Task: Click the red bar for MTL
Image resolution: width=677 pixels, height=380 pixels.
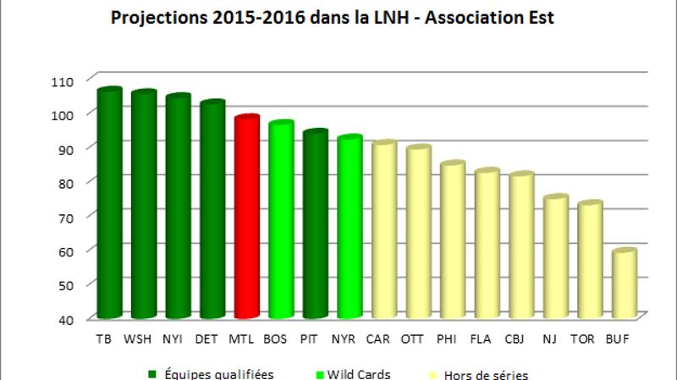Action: coord(246,218)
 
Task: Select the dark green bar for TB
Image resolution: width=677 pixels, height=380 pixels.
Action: coord(109,203)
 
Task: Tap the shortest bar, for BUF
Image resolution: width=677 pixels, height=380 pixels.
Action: coord(624,284)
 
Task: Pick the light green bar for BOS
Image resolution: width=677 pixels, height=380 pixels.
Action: coord(280,221)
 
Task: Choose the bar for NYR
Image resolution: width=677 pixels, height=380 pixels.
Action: coord(350,228)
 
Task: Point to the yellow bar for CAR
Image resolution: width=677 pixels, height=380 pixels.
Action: coord(383,230)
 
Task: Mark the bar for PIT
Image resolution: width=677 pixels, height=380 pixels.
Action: coord(315,225)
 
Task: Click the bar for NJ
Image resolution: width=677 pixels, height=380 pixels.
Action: coord(555,257)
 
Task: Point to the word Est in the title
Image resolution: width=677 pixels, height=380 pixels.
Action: coord(539,18)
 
